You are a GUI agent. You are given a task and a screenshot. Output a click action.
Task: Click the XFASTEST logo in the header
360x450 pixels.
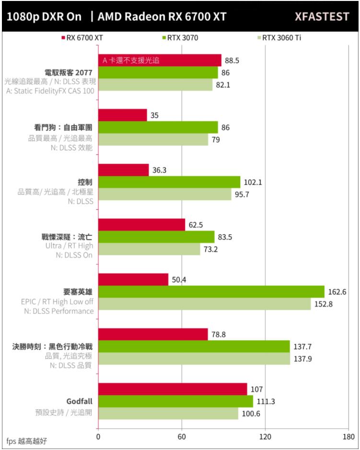click(x=322, y=17)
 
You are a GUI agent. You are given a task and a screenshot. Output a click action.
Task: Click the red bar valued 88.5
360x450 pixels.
click(x=160, y=60)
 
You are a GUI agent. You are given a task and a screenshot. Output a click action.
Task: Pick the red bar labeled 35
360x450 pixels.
click(x=122, y=115)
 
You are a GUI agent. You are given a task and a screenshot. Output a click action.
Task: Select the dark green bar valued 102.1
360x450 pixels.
click(x=169, y=182)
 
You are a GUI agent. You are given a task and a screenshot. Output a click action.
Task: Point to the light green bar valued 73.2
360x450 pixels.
click(x=149, y=249)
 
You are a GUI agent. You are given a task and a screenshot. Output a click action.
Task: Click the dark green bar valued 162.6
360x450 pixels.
click(x=211, y=292)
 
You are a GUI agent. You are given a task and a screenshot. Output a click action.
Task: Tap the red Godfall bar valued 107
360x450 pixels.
click(x=173, y=389)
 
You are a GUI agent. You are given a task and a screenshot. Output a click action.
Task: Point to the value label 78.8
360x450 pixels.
click(x=219, y=334)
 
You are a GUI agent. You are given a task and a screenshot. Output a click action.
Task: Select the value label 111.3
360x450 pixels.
click(x=266, y=401)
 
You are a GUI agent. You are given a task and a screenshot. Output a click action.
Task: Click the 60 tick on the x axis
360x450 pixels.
click(x=182, y=437)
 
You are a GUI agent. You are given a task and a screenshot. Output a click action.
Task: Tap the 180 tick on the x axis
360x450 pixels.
click(x=348, y=437)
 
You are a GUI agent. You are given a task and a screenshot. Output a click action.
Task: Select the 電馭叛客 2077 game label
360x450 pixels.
click(x=68, y=72)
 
